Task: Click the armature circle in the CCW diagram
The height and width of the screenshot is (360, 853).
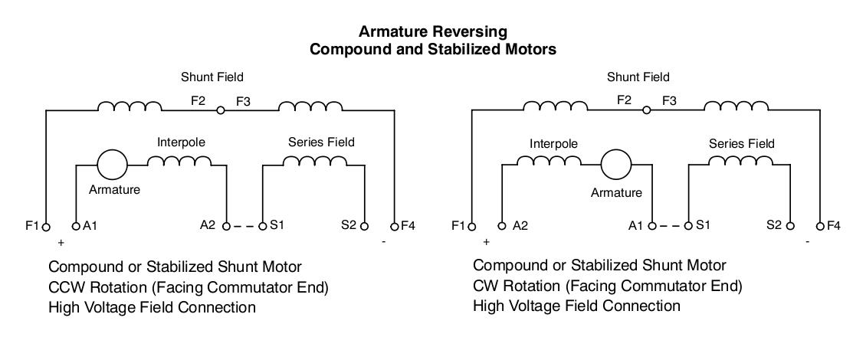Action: click(112, 162)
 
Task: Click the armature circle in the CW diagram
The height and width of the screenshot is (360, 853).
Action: click(615, 162)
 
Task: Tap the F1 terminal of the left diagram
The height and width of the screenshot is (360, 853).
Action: click(46, 227)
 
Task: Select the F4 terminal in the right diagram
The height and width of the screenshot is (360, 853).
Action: click(820, 227)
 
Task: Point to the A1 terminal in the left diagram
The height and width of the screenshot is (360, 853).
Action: click(76, 227)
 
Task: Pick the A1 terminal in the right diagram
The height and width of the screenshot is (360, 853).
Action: click(652, 227)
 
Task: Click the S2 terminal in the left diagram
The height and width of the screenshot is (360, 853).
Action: click(364, 227)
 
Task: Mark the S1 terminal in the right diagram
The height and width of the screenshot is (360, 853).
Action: click(688, 227)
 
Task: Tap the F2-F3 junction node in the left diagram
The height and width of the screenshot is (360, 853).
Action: click(221, 110)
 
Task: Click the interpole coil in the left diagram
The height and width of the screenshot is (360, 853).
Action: click(179, 161)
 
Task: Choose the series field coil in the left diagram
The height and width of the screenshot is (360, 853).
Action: click(314, 161)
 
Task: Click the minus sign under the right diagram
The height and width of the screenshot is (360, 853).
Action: click(807, 242)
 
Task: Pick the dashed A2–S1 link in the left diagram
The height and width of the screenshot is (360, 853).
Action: click(244, 227)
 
